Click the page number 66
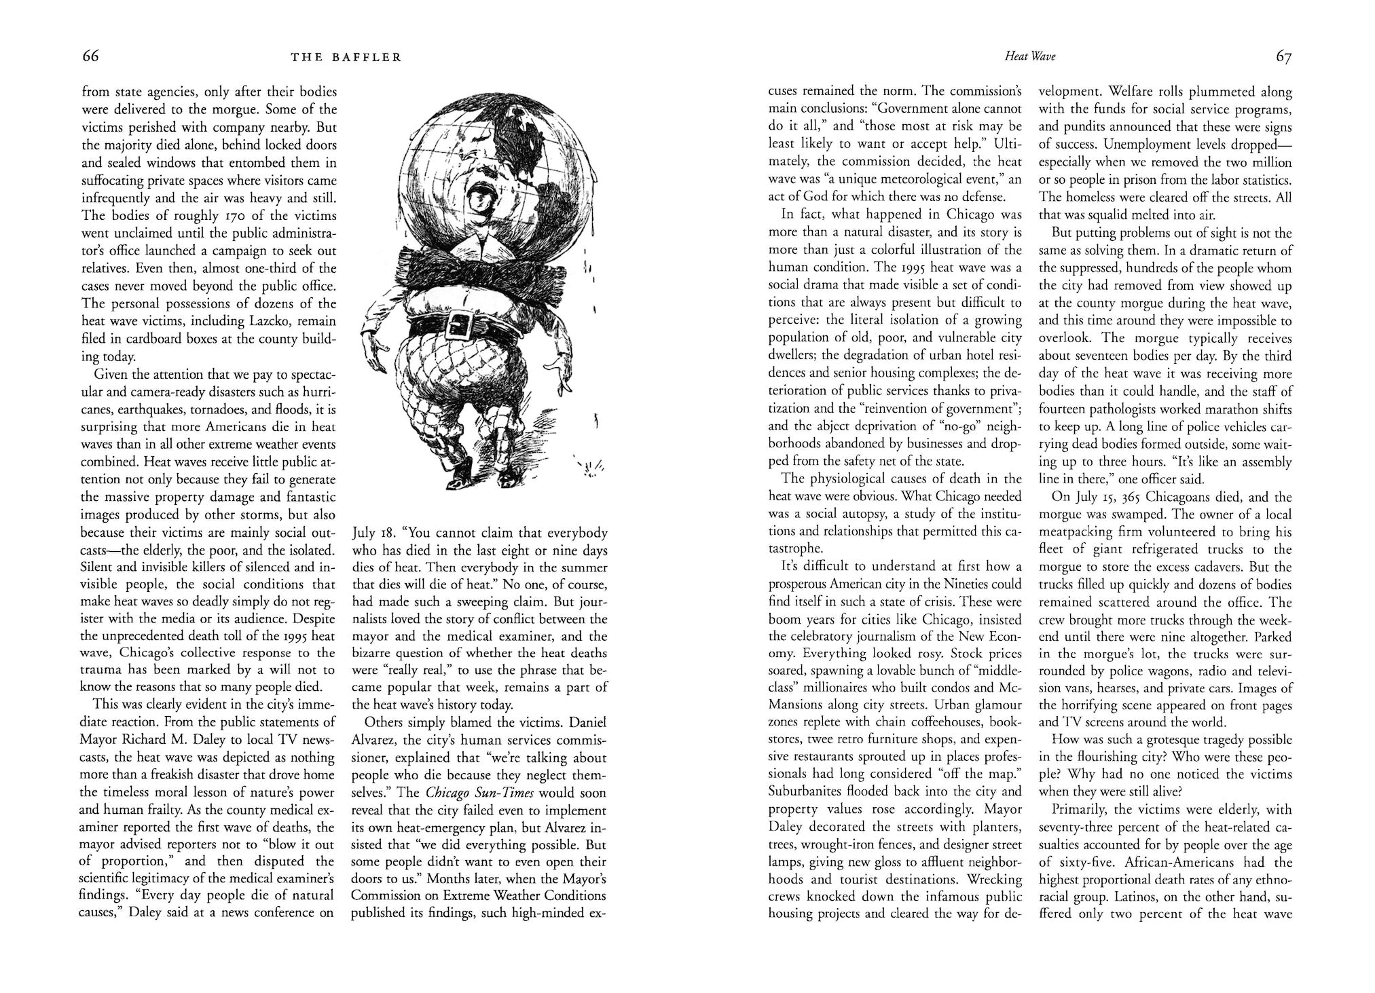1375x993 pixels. pyautogui.click(x=90, y=56)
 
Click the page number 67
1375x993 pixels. pyautogui.click(x=1283, y=57)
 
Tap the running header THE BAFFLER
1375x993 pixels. pyautogui.click(x=346, y=58)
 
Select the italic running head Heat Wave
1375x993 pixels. pyautogui.click(x=1029, y=58)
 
